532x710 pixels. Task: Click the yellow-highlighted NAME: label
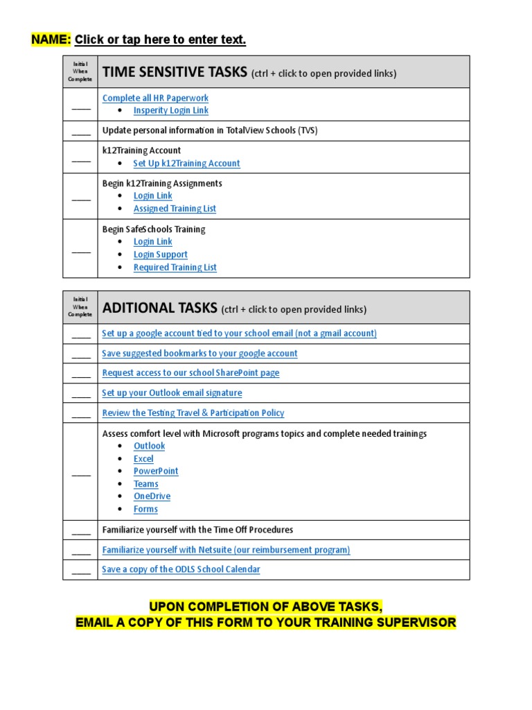[51, 40]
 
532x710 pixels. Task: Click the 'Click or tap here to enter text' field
[160, 40]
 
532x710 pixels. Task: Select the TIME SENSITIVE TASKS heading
[174, 72]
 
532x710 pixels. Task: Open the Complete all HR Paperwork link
[155, 98]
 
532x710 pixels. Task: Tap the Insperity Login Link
[170, 110]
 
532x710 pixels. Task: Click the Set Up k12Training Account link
[186, 163]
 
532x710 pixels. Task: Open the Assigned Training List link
[175, 208]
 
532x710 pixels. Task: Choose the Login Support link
[160, 254]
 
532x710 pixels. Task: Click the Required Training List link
[175, 267]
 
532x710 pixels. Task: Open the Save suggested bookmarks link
[199, 353]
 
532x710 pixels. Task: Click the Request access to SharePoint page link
[190, 372]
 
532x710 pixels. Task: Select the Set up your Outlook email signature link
[172, 392]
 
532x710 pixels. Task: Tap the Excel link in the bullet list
[143, 458]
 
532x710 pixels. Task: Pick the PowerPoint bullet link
[156, 471]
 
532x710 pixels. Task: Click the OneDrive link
[152, 496]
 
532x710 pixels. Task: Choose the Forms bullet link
[145, 509]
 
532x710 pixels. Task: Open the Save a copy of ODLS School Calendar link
[181, 569]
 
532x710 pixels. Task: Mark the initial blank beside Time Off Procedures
[80, 531]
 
